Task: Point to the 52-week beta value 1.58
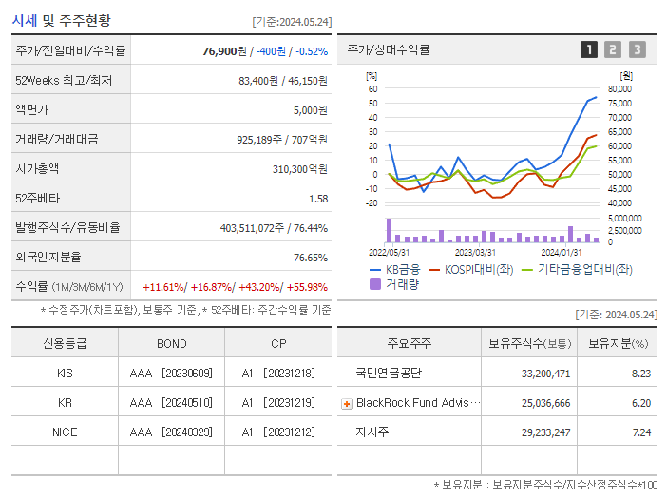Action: (x=318, y=198)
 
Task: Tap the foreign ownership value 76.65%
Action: (x=310, y=257)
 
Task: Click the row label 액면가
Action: (x=31, y=109)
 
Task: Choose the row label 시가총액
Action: (x=37, y=168)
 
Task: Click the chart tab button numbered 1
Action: (x=589, y=50)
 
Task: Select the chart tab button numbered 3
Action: (x=637, y=50)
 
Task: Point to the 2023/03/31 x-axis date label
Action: (x=475, y=252)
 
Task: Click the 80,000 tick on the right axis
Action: (x=619, y=89)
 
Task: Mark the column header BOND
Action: (x=171, y=343)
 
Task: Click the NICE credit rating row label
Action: (x=65, y=432)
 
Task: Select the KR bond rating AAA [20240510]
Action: (x=171, y=402)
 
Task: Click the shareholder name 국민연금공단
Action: (x=388, y=374)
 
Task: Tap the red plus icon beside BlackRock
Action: (x=347, y=403)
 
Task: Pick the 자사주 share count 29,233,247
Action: (x=546, y=432)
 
